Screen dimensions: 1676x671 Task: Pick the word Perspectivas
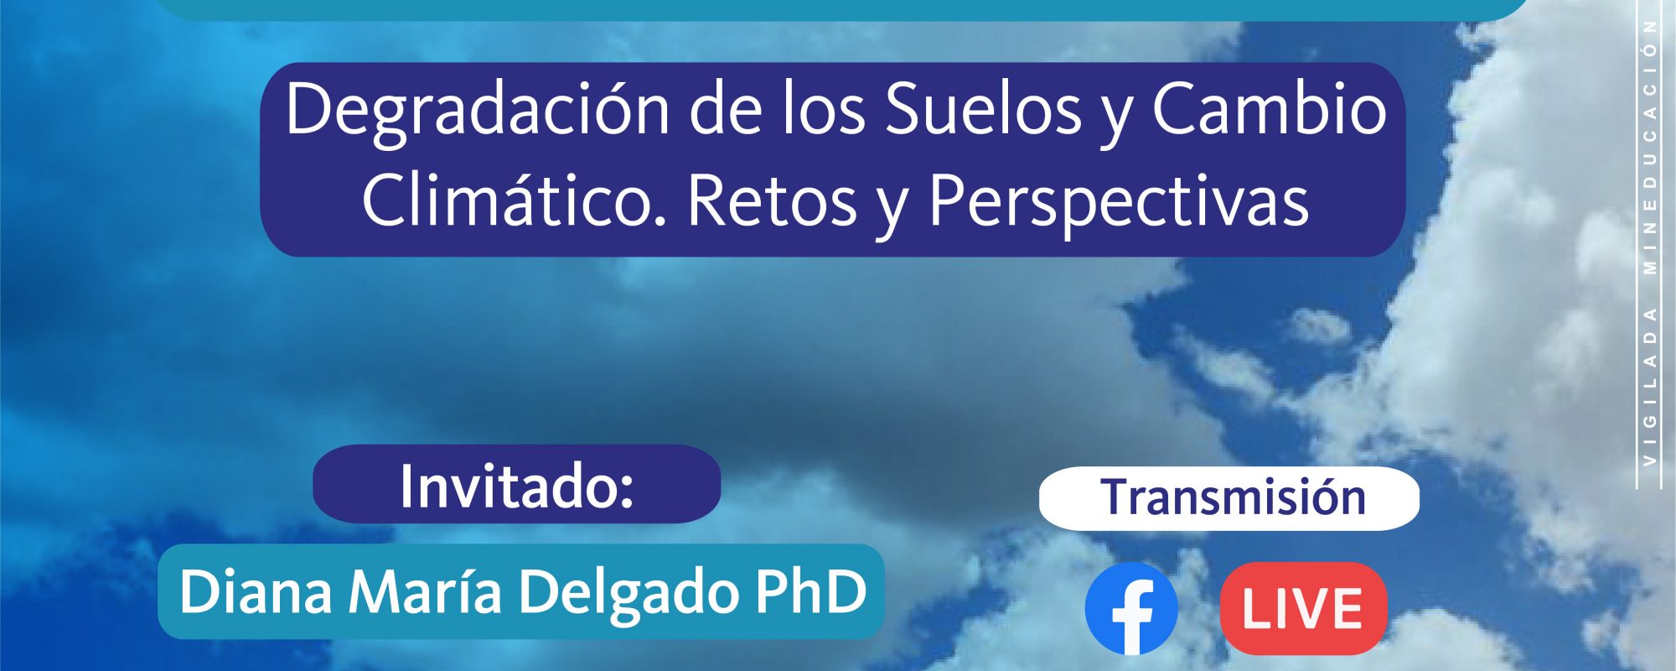pos(1118,204)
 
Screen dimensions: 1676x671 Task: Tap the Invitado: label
pos(516,486)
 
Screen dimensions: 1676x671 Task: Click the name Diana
pos(256,591)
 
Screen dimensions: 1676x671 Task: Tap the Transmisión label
pos(1233,497)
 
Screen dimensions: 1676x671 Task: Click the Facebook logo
pos(1131,609)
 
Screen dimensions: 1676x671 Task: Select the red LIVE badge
pos(1303,609)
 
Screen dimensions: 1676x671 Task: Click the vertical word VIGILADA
pos(1650,387)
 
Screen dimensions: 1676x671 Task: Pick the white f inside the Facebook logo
pos(1133,616)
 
